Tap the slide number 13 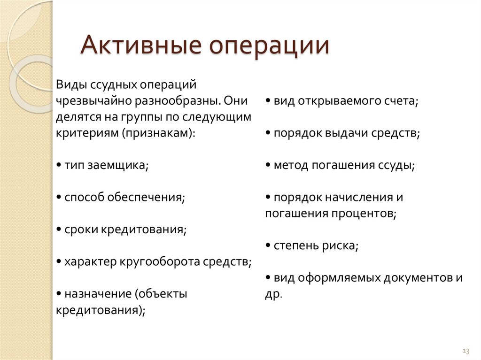[x=466, y=351]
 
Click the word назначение [x=98, y=294]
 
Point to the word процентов [x=362, y=214]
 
